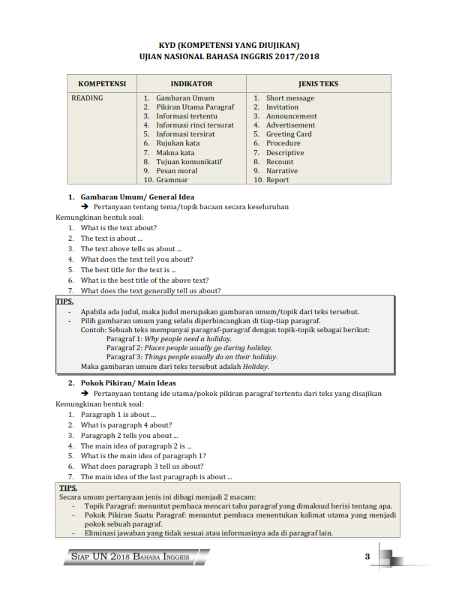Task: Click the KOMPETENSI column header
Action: click(102, 84)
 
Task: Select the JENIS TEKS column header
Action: click(318, 84)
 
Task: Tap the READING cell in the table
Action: click(87, 98)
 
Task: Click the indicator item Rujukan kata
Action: click(178, 143)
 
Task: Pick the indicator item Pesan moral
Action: click(177, 171)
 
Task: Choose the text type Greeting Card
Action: click(289, 134)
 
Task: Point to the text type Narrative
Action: click(281, 171)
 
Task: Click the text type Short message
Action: click(289, 98)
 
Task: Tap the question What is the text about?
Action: click(118, 228)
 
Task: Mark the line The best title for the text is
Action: click(128, 270)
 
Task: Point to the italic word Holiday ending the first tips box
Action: click(255, 367)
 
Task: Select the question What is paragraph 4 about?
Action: click(126, 424)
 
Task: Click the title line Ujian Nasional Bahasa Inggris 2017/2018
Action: click(224, 56)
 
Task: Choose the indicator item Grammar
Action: click(172, 180)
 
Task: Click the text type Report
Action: click(277, 180)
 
